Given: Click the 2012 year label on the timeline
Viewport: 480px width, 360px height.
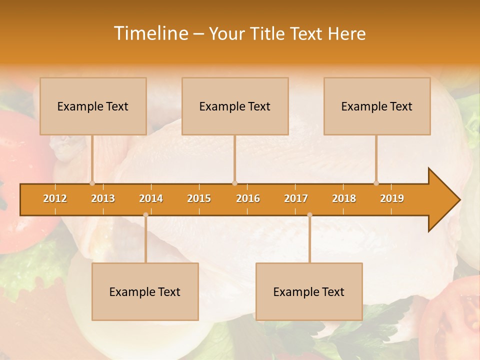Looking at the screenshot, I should (x=55, y=198).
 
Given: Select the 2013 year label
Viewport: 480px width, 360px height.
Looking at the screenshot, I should (x=103, y=198).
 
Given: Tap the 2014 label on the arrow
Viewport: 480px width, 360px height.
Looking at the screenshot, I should (x=151, y=198).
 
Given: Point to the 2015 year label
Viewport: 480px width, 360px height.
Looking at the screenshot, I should (x=199, y=198).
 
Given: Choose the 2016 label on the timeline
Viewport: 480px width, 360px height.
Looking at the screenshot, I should (x=248, y=198).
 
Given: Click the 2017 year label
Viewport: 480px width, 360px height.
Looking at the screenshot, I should (x=296, y=198).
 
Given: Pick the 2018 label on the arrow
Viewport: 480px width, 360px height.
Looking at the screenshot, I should (x=344, y=198).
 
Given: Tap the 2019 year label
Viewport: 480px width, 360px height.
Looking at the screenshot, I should (x=392, y=198).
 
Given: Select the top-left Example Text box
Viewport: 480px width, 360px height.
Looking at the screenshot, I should (x=93, y=106).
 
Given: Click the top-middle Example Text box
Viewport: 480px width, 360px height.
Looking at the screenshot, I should (x=235, y=106).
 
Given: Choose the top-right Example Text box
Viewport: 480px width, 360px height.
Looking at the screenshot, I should (x=377, y=106).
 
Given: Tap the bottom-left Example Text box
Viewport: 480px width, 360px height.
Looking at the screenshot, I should (x=145, y=291).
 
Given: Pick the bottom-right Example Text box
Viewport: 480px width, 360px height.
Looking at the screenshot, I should (x=309, y=291).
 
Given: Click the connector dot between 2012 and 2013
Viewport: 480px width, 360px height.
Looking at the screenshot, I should (x=92, y=183).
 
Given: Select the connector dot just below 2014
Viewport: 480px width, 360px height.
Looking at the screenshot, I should (x=145, y=215).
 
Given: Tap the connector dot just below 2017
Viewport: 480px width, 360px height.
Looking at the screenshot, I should (x=309, y=215).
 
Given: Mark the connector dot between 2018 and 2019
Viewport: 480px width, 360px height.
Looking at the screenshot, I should (x=376, y=183).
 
